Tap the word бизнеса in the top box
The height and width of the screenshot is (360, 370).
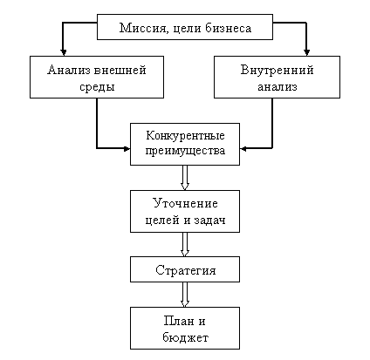(x=229, y=28)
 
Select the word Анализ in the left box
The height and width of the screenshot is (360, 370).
(x=69, y=70)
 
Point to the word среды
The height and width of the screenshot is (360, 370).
(x=97, y=87)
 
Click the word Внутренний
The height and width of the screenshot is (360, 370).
(x=277, y=70)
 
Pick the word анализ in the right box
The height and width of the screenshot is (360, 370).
(x=277, y=87)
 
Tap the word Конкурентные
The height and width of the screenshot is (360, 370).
(x=185, y=136)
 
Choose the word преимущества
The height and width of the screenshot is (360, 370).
(x=185, y=151)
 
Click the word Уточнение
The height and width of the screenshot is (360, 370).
(x=185, y=203)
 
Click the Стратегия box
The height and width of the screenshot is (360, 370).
(x=185, y=269)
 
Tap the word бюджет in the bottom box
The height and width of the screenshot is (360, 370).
(x=185, y=338)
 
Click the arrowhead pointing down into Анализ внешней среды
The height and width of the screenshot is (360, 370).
(x=64, y=52)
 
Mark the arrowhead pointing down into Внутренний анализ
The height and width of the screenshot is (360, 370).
(x=306, y=52)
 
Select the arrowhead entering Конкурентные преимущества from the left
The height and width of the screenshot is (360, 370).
(x=127, y=149)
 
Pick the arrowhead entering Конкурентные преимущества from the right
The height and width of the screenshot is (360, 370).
(x=243, y=149)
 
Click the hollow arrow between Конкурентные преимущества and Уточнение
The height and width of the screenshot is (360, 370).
(x=185, y=178)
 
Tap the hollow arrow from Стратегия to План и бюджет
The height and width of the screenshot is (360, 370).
(x=185, y=295)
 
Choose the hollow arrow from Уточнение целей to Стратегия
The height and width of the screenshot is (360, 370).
(x=185, y=244)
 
